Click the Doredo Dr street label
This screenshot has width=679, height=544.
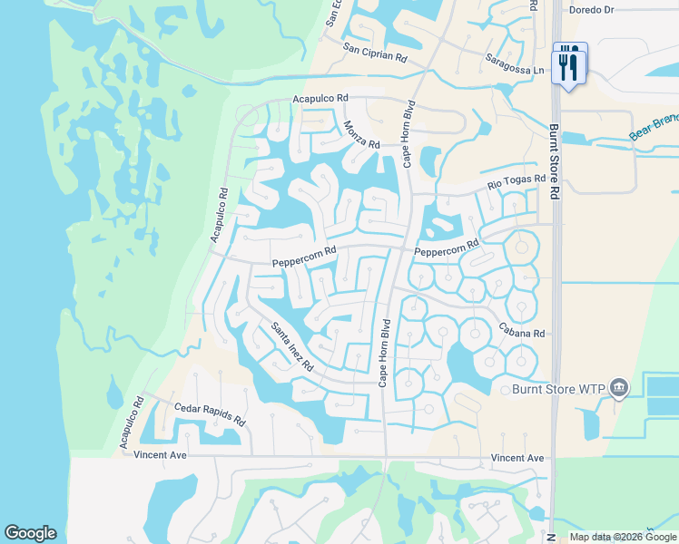[x=591, y=11]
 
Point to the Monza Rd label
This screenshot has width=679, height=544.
[x=361, y=134]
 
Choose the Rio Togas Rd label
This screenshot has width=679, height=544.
[x=516, y=184]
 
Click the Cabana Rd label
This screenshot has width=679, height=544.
[x=520, y=333]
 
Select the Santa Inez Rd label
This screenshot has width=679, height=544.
[x=291, y=347]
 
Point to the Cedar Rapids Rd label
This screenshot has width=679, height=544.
[x=210, y=415]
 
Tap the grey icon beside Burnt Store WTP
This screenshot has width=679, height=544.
[x=619, y=389]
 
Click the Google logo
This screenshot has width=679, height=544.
[x=30, y=533]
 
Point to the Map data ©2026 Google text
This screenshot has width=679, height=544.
[x=623, y=537]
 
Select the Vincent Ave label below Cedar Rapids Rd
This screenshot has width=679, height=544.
[x=160, y=454]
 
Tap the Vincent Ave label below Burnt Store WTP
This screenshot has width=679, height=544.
[x=517, y=459]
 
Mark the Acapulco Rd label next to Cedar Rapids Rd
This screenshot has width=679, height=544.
[x=133, y=423]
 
